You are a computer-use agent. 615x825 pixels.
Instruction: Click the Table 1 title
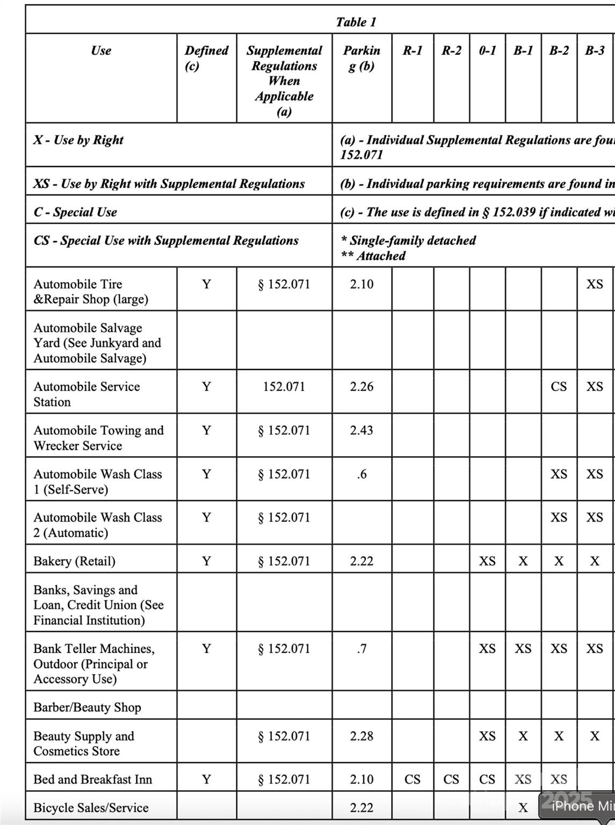[356, 22]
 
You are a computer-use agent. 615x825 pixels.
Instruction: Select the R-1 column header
[413, 50]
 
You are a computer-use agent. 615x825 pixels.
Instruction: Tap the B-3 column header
[595, 50]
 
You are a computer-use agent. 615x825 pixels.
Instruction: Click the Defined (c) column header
[206, 58]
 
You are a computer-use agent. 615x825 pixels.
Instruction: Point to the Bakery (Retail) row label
[74, 561]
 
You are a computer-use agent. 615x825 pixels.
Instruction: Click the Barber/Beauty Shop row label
[87, 707]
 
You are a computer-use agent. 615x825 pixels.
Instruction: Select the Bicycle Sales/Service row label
[91, 808]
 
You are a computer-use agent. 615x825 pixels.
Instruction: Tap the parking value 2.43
[361, 430]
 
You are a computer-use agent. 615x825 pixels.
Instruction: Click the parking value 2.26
[361, 387]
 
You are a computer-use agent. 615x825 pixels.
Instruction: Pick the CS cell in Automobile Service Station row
[559, 387]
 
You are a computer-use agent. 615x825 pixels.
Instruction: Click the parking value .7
[361, 649]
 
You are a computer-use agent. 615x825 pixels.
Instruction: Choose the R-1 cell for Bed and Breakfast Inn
[413, 779]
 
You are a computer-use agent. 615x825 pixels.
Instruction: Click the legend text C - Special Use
[75, 212]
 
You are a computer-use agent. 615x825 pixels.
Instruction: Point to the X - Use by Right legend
[78, 140]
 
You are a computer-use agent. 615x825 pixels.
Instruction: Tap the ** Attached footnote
[373, 256]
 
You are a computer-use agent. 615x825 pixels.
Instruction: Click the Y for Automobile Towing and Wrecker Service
[206, 430]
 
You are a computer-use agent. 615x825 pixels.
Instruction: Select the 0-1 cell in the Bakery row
[487, 561]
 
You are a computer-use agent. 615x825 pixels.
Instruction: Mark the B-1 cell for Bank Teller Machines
[523, 649]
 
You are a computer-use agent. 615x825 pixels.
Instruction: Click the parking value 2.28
[361, 736]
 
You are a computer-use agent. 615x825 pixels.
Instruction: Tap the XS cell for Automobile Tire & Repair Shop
[595, 284]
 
